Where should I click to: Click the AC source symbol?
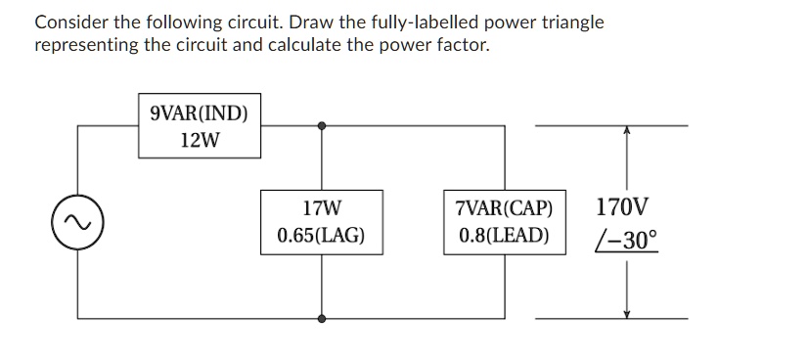[78, 222]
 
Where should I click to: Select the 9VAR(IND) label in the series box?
[199, 112]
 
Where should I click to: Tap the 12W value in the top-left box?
[200, 140]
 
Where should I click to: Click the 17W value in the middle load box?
[322, 208]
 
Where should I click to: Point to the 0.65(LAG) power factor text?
[322, 236]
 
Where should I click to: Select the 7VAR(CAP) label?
[504, 208]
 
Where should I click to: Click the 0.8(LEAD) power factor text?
[504, 236]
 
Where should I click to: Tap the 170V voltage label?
[621, 207]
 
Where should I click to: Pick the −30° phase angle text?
[627, 240]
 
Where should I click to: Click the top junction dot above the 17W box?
[322, 125]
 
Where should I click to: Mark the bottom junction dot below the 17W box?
[322, 318]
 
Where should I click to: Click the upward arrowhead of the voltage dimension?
[626, 131]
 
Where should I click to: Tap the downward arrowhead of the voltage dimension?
[626, 312]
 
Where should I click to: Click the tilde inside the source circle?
[78, 222]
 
